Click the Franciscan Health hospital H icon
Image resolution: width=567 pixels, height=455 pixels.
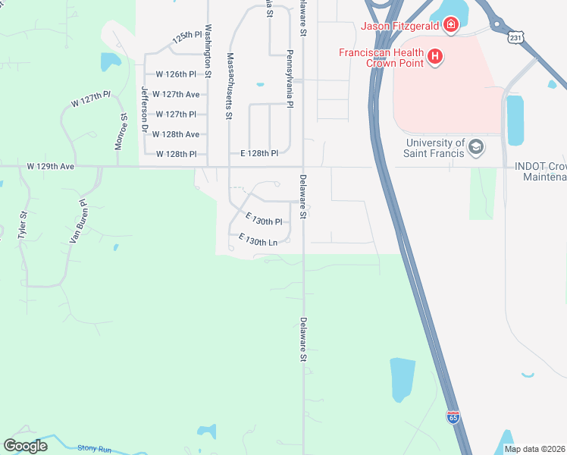click(435, 55)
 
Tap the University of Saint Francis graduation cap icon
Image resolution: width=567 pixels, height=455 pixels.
click(476, 146)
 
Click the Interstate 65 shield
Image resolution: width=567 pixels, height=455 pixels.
click(453, 416)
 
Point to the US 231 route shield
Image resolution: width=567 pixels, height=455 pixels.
click(516, 36)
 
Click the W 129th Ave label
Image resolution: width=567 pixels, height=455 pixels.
click(52, 165)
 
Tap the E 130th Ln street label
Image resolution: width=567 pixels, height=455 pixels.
click(263, 240)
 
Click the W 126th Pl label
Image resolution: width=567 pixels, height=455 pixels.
click(176, 74)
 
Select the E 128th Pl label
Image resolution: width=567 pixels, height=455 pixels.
click(259, 153)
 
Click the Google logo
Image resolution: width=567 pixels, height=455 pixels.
click(25, 446)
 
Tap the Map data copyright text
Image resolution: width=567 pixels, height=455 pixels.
click(534, 449)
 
